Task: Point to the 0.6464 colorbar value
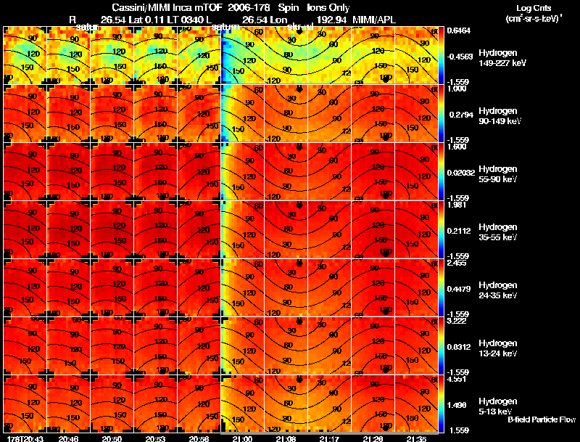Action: point(457,30)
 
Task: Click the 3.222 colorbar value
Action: point(456,320)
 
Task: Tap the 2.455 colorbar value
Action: point(456,263)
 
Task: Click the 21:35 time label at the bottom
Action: point(415,438)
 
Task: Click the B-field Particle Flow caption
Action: point(542,420)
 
